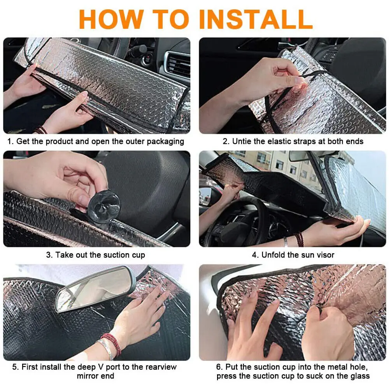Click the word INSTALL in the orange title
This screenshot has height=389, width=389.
(x=256, y=19)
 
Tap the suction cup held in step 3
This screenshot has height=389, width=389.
(x=104, y=207)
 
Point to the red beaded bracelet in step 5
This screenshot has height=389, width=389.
(x=112, y=343)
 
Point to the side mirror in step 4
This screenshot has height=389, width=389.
(x=205, y=196)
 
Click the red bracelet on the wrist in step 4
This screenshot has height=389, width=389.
(x=299, y=239)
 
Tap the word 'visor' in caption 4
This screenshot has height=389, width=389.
(x=325, y=255)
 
